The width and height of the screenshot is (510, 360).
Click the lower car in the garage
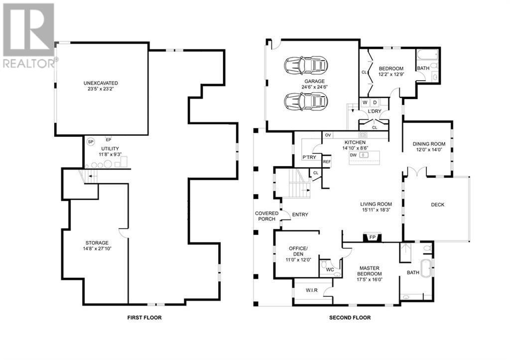click(x=306, y=102)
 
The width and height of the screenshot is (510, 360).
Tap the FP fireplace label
click(x=372, y=238)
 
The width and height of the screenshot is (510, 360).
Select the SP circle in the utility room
click(x=91, y=142)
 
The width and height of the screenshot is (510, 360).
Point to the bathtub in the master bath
click(x=428, y=268)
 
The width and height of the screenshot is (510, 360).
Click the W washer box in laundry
click(x=365, y=103)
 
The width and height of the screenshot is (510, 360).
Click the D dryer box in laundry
click(x=375, y=103)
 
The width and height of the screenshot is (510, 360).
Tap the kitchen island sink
click(x=365, y=155)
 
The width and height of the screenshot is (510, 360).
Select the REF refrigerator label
click(x=327, y=162)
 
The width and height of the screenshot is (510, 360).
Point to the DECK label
click(x=437, y=205)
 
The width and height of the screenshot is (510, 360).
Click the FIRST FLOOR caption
click(x=144, y=318)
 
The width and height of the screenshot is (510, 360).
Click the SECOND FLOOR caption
click(x=350, y=318)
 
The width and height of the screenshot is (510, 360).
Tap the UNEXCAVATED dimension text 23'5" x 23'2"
click(x=101, y=90)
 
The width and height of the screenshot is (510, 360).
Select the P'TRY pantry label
click(x=309, y=157)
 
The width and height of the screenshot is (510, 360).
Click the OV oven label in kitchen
click(x=328, y=135)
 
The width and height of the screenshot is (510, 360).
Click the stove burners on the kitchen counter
click(x=363, y=135)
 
